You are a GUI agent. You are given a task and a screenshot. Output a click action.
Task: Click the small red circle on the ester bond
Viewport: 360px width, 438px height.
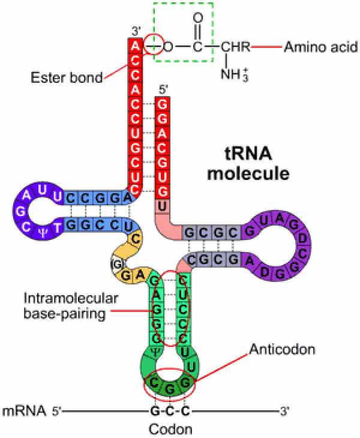pyautogui.click(x=154, y=45)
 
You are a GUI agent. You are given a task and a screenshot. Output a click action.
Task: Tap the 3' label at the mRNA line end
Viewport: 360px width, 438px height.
pyautogui.click(x=284, y=412)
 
